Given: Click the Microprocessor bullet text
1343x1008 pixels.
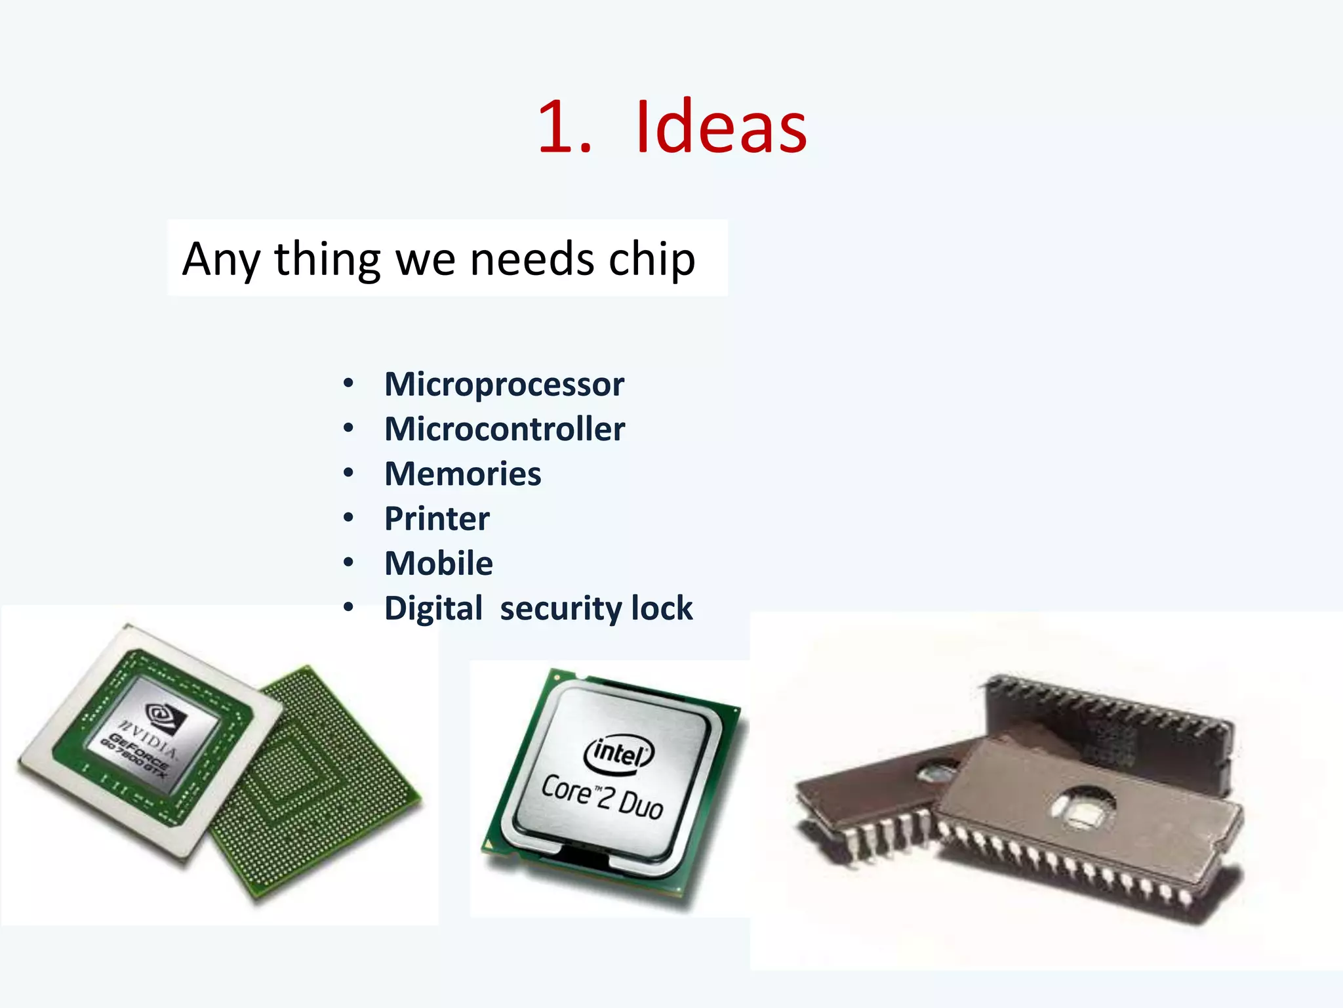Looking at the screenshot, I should tap(504, 384).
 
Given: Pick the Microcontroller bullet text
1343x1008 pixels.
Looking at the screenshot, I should tap(504, 429).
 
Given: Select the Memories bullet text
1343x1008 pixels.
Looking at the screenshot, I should tap(462, 474).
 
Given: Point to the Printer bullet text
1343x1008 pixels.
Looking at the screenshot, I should tap(437, 518).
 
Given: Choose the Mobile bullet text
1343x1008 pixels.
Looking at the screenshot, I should tap(438, 563).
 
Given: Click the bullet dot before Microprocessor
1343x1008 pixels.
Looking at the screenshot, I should tap(348, 383).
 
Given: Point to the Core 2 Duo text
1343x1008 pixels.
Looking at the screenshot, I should tap(602, 796).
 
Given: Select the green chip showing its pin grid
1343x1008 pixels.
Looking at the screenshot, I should tap(321, 781).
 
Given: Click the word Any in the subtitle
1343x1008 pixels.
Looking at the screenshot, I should tap(220, 260).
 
